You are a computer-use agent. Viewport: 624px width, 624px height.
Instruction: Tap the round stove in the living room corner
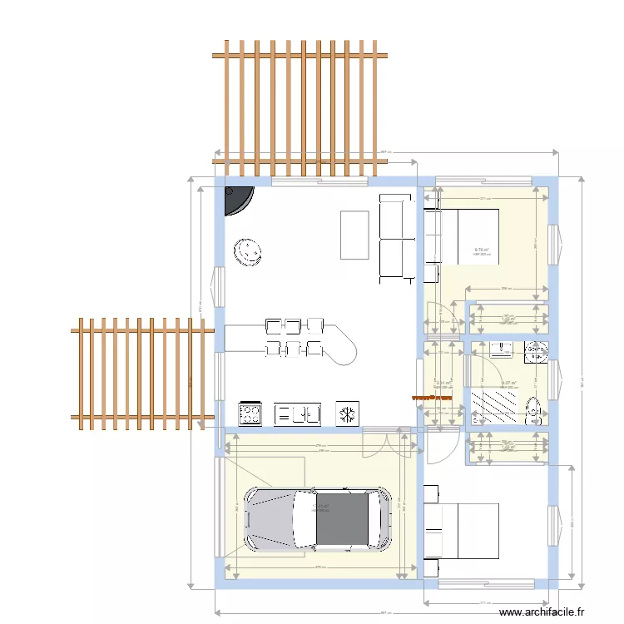pyautogui.click(x=236, y=198)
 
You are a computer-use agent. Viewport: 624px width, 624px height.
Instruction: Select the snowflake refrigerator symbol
pyautogui.click(x=347, y=413)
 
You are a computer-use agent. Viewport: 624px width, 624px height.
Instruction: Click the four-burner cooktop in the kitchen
pyautogui.click(x=251, y=414)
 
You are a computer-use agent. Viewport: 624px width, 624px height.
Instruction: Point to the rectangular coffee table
pyautogui.click(x=354, y=235)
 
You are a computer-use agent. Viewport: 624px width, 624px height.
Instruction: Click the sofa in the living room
pyautogui.click(x=395, y=236)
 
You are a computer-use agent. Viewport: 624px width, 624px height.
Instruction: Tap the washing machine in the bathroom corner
pyautogui.click(x=537, y=353)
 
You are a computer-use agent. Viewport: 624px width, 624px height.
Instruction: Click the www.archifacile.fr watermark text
pyautogui.click(x=542, y=612)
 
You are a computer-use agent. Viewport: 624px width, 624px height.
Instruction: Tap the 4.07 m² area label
pyautogui.click(x=508, y=384)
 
